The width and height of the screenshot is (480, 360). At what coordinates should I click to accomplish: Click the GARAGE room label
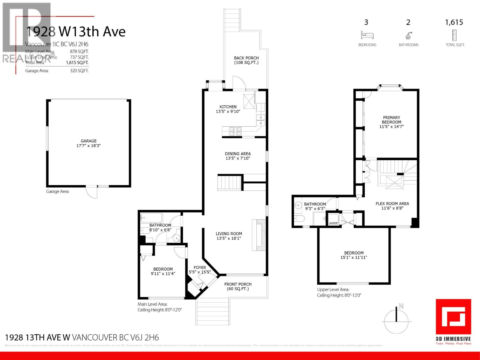pyautogui.click(x=88, y=141)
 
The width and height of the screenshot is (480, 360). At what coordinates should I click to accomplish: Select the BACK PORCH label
pyautogui.click(x=246, y=58)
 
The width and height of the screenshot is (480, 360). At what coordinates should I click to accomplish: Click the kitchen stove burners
pyautogui.click(x=235, y=131)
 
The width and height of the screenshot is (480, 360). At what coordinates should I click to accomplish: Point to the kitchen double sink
pyautogui.click(x=261, y=120)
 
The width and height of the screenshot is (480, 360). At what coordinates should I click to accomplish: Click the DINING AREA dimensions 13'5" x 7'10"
pyautogui.click(x=238, y=158)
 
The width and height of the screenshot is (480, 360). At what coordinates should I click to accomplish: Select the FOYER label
pyautogui.click(x=200, y=268)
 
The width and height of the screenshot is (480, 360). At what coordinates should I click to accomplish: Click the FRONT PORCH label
pyautogui.click(x=238, y=284)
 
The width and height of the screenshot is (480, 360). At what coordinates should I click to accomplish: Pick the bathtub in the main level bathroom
pyautogui.click(x=151, y=217)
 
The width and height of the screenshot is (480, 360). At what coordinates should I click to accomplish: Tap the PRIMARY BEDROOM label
pyautogui.click(x=391, y=120)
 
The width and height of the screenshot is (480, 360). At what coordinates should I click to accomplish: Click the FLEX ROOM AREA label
pyautogui.click(x=392, y=204)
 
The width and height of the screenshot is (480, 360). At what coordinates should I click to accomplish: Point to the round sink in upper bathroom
pyautogui.click(x=298, y=205)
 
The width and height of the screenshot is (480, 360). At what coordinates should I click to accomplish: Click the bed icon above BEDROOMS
pyautogui.click(x=367, y=35)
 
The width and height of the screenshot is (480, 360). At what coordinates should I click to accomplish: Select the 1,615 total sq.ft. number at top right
pyautogui.click(x=454, y=22)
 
